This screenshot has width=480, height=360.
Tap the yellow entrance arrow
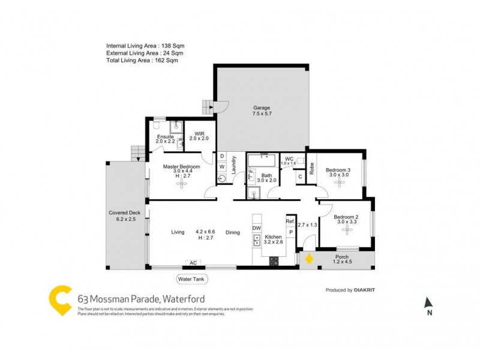click(x=309, y=259)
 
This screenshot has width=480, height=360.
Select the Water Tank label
click(x=193, y=279)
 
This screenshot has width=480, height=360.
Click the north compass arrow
click(x=428, y=303)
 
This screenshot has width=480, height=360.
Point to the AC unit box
click(x=193, y=263)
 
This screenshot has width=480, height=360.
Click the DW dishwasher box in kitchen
click(x=256, y=229)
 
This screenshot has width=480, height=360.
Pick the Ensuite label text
click(x=165, y=137)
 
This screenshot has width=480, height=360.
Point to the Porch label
click(x=341, y=259)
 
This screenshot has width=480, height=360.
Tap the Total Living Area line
click(x=142, y=61)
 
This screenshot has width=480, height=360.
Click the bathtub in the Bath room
click(x=262, y=161)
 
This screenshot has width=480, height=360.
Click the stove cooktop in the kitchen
click(x=274, y=260)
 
